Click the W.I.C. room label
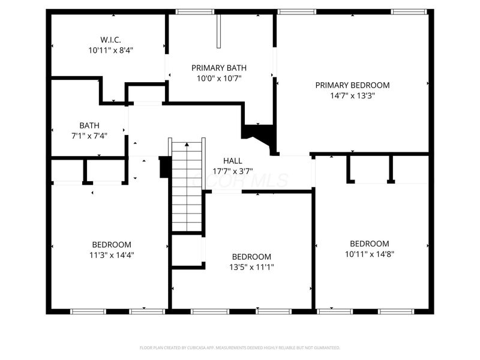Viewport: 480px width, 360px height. click(110, 40)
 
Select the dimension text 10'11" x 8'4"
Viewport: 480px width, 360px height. click(110, 50)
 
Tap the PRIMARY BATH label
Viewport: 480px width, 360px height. click(218, 68)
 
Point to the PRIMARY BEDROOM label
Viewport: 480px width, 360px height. click(352, 85)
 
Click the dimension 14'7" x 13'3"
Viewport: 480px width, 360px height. click(352, 95)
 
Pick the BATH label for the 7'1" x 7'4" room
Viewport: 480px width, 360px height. click(89, 125)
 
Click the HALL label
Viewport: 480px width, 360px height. click(233, 161)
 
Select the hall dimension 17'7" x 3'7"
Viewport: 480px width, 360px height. click(233, 171)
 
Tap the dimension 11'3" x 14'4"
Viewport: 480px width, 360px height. click(112, 254)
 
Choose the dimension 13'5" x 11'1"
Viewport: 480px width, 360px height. click(251, 266)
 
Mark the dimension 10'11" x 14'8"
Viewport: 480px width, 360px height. click(370, 254)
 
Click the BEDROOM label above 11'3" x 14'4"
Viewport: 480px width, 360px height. click(112, 244)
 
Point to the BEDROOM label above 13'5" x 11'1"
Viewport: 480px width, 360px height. click(251, 256)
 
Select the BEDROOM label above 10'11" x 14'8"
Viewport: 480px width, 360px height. click(370, 244)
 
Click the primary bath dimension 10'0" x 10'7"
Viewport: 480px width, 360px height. click(218, 78)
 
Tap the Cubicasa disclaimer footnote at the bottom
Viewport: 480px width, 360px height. click(240, 347)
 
